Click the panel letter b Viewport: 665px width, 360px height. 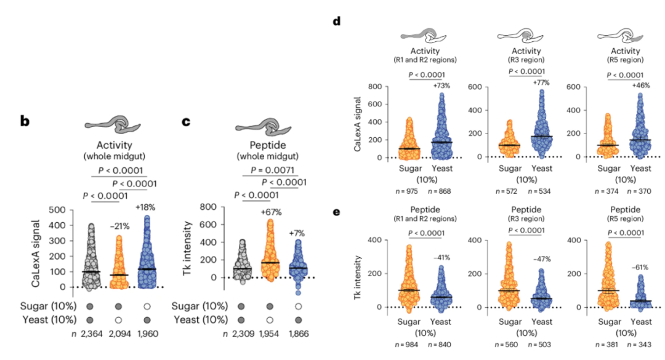tap(25, 121)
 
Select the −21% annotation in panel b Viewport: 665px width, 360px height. tap(120, 226)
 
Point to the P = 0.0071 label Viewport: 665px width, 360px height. tap(274, 170)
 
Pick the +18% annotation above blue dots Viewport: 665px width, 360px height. tap(148, 207)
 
